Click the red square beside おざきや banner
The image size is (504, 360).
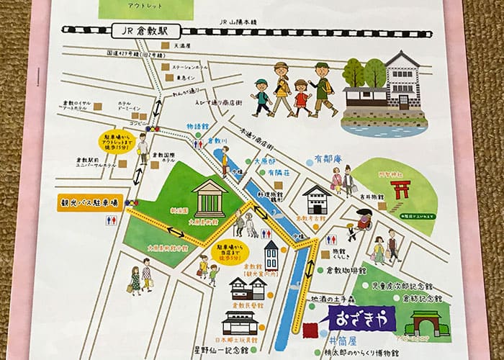coord(311,330)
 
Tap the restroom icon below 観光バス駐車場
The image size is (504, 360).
coord(112,221)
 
